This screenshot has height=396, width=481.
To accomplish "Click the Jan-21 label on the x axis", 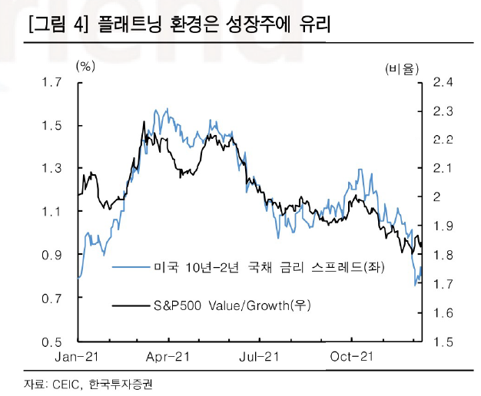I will pos(78,356).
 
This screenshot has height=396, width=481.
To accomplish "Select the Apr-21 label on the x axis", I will pos(168,356).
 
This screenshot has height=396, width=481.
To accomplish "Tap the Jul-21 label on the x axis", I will pos(259,356).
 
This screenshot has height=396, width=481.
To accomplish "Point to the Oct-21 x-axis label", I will pos(350,356).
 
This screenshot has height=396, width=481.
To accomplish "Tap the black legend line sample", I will pos(130,305).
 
